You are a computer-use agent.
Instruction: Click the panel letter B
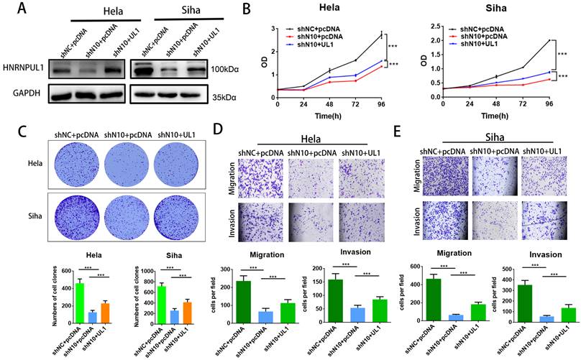247,10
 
